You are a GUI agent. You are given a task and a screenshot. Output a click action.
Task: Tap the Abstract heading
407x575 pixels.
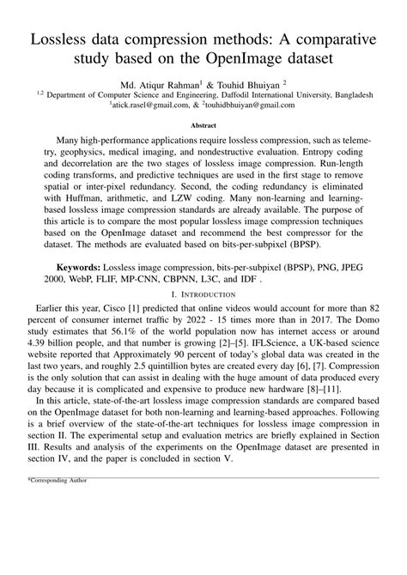[x=203, y=124]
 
